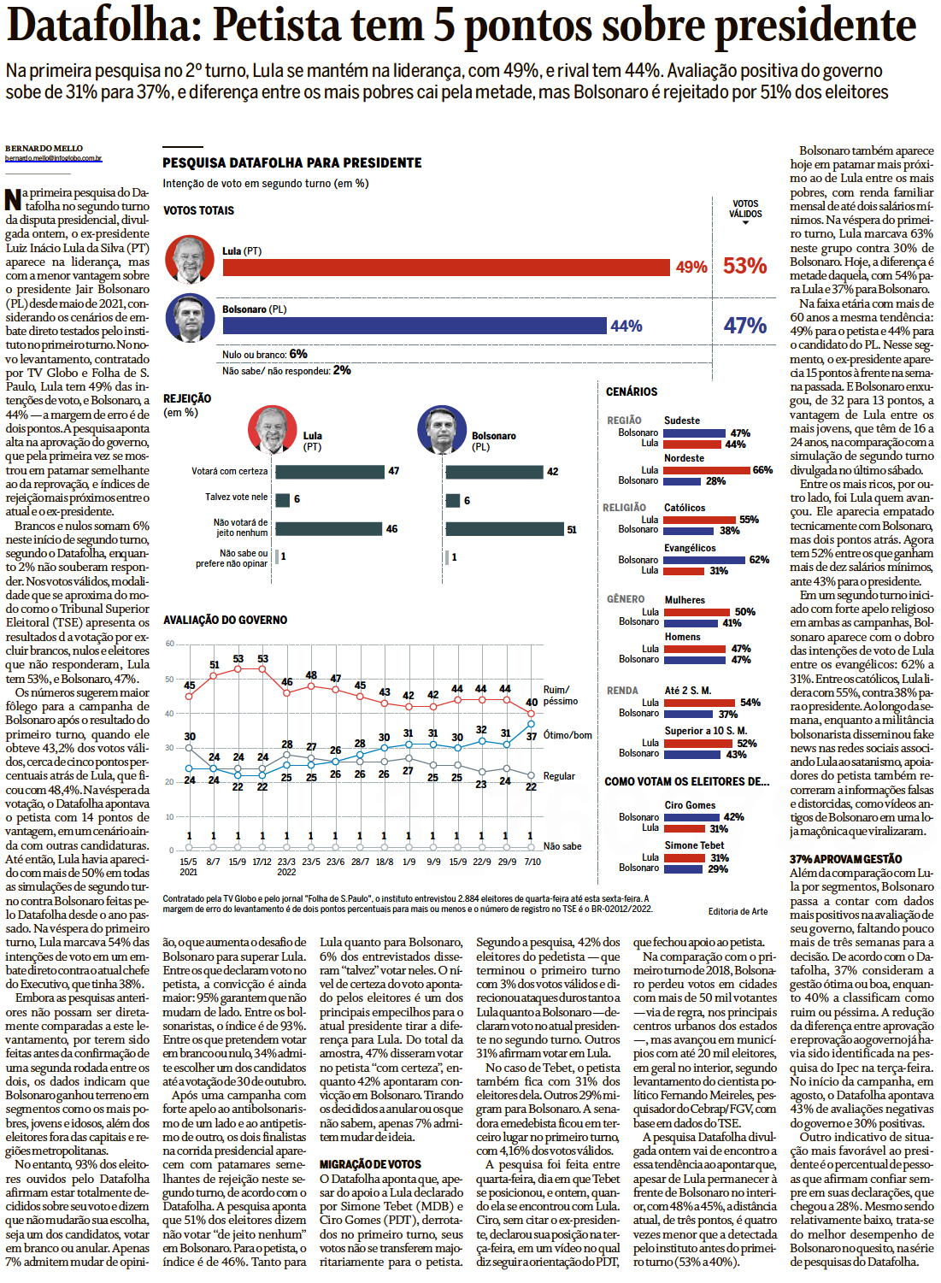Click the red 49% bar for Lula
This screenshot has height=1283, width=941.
[445, 268]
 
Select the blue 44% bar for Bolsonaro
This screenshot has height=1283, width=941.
[414, 326]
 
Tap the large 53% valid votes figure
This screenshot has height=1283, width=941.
[744, 266]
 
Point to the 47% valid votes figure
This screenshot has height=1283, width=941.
[744, 326]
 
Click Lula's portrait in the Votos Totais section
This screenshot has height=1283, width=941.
[190, 260]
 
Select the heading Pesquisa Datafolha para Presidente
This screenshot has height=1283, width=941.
[292, 162]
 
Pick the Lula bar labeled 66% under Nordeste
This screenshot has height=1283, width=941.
[707, 470]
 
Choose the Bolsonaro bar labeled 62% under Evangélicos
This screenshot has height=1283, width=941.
[705, 560]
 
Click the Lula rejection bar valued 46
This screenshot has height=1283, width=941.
[329, 529]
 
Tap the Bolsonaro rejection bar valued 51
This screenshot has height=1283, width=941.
[504, 529]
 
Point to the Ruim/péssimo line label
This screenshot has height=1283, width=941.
[561, 695]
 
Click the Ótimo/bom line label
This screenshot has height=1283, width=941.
[568, 735]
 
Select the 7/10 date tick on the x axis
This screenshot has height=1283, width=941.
[532, 862]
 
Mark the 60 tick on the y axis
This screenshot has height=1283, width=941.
[169, 644]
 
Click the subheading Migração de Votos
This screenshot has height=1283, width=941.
[370, 1164]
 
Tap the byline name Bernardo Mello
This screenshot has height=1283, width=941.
[44, 149]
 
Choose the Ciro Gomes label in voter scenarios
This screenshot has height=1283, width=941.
[690, 805]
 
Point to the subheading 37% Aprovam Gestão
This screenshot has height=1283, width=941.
[845, 859]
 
